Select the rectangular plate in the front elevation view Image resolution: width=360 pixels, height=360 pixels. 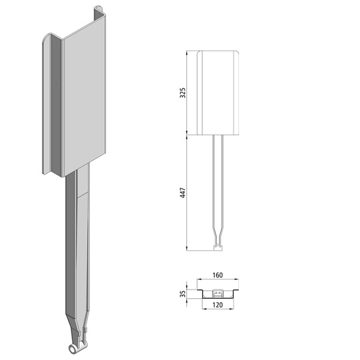point(218,91)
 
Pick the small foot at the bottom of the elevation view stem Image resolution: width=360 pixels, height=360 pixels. point(217,249)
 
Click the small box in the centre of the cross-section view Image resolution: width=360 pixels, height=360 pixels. point(217,292)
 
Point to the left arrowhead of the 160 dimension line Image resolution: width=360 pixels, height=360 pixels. point(196,280)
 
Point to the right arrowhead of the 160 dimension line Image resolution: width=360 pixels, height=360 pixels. point(238,280)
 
